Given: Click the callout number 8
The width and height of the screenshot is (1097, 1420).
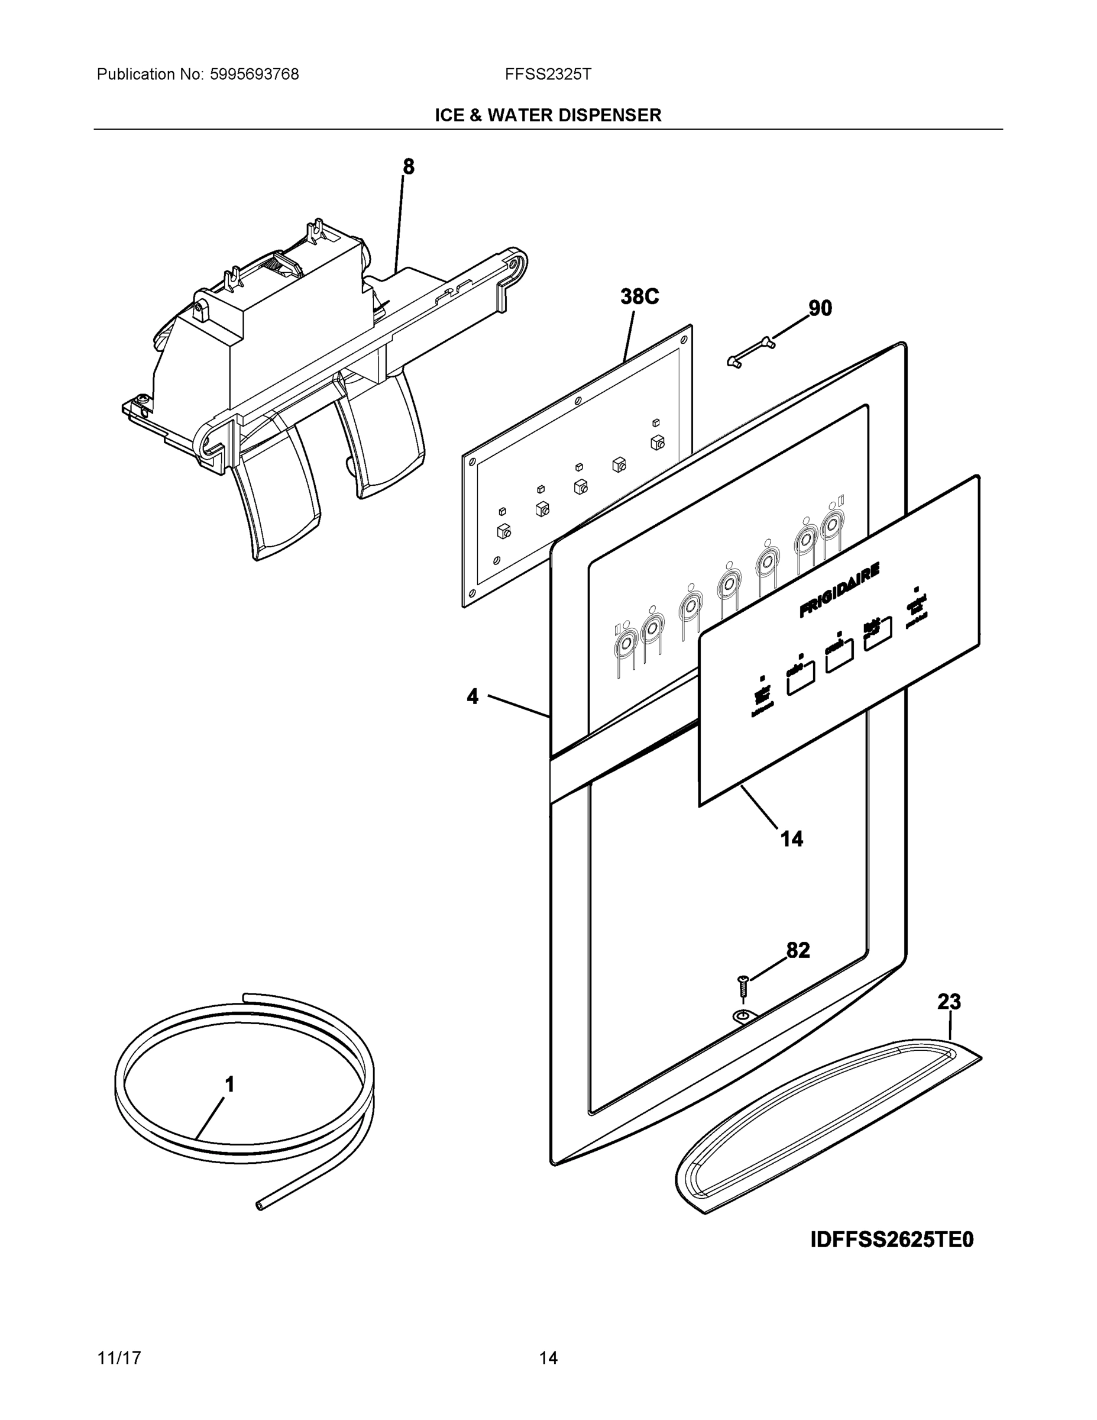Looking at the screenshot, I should click(x=408, y=167).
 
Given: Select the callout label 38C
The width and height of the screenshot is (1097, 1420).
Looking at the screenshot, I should click(x=639, y=296).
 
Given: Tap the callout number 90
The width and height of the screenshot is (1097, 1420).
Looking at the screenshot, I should click(x=820, y=308).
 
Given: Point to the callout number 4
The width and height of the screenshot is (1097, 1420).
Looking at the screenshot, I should click(x=473, y=696).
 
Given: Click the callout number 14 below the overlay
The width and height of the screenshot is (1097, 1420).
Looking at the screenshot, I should click(x=792, y=839).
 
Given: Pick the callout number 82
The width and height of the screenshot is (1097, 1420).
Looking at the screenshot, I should click(x=798, y=951).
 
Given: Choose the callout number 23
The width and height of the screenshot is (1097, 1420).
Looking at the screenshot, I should click(x=949, y=1002).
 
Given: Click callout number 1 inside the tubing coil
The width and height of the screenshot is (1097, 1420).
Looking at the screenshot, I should click(x=229, y=1085).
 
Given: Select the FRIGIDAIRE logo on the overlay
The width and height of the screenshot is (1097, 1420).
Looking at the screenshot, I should click(x=839, y=590).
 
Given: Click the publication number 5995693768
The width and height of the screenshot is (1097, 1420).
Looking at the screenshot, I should click(x=254, y=75).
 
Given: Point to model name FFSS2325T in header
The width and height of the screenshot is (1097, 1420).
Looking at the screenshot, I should click(x=548, y=75).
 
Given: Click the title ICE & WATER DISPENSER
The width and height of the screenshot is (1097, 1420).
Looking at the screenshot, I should click(x=548, y=115).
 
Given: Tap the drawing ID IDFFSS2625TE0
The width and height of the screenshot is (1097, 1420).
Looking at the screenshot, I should click(x=892, y=1240).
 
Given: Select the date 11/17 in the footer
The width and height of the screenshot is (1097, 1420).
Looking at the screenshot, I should click(x=119, y=1358).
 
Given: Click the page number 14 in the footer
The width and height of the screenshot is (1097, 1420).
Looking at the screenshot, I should click(x=548, y=1358).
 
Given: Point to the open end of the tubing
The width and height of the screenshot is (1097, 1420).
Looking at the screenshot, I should click(x=261, y=1205).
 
